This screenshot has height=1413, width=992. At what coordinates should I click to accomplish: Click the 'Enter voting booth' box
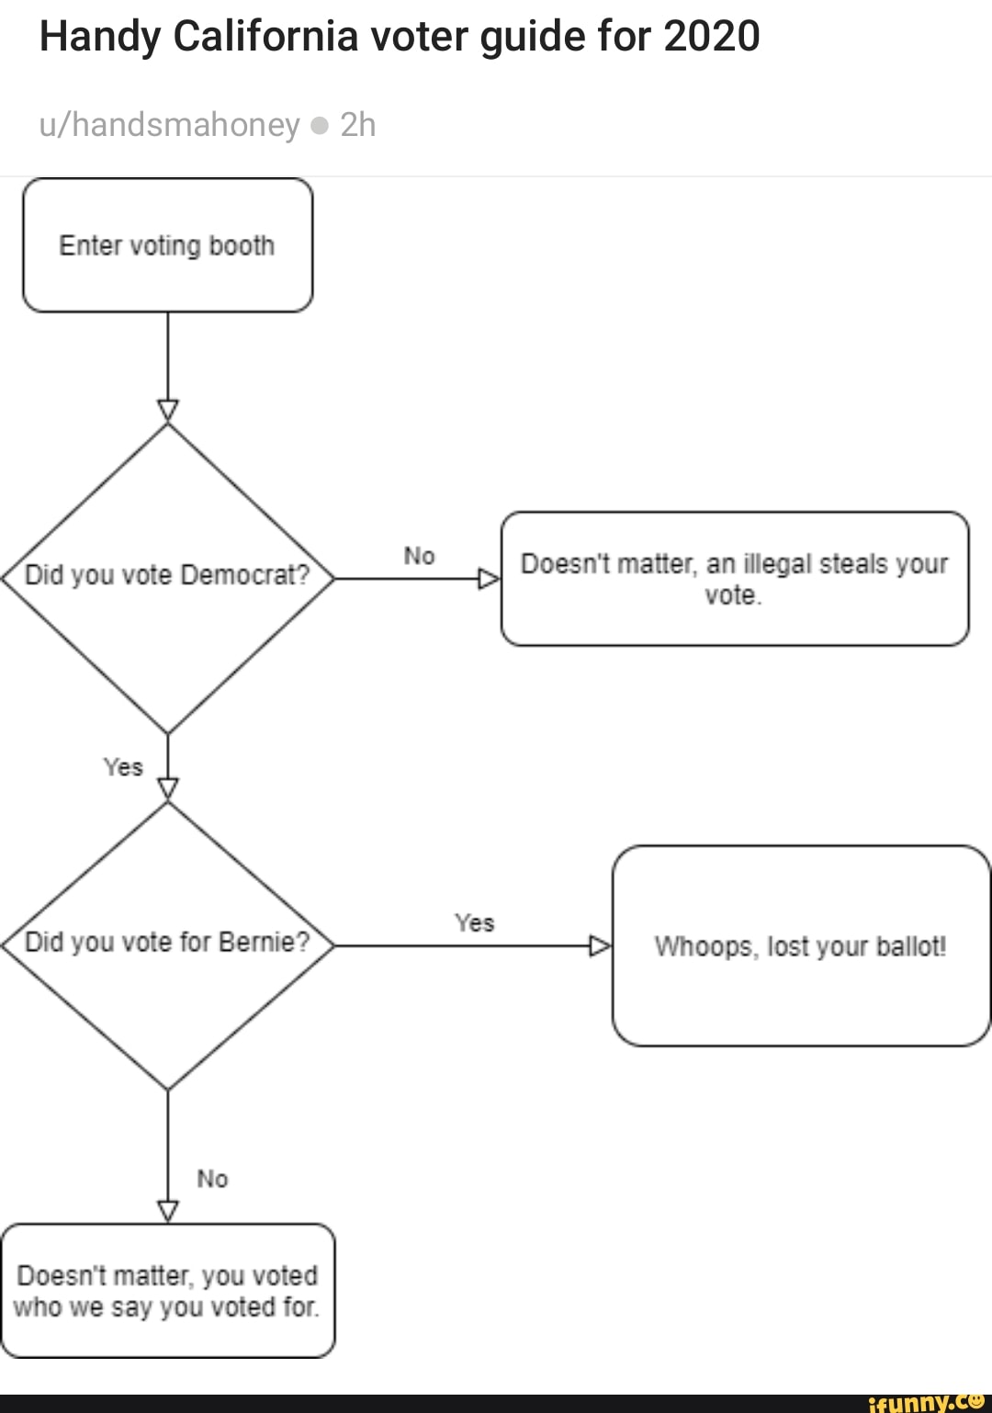(x=167, y=245)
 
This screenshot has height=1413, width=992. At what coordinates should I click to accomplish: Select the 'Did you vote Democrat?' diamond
(x=167, y=576)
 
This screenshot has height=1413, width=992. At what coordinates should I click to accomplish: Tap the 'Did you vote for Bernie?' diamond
(x=167, y=944)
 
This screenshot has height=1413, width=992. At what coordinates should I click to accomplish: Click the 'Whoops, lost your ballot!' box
(x=800, y=946)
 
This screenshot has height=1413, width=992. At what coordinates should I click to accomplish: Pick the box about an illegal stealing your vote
(x=734, y=579)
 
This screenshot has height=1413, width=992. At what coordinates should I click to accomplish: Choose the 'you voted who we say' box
(x=167, y=1291)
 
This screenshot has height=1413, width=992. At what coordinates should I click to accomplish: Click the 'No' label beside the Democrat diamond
(x=419, y=556)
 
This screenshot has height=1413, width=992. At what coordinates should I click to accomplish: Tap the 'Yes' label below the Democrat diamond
(x=123, y=767)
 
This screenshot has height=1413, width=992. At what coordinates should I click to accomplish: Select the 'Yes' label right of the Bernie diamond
(x=474, y=922)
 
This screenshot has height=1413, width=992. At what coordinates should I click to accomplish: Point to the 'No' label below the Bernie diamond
(x=212, y=1179)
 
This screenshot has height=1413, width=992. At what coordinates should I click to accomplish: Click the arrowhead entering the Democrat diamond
(x=167, y=410)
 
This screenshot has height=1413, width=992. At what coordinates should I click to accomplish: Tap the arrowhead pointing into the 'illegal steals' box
(x=489, y=579)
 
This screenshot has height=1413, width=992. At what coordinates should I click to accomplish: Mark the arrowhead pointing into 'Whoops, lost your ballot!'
(x=600, y=945)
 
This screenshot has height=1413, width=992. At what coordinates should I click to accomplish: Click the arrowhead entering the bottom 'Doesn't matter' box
(x=167, y=1211)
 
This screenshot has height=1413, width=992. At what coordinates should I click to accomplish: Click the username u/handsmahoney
(x=169, y=125)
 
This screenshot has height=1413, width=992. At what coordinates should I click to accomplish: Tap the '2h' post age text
(x=357, y=125)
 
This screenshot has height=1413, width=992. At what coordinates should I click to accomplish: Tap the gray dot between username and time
(x=320, y=126)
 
